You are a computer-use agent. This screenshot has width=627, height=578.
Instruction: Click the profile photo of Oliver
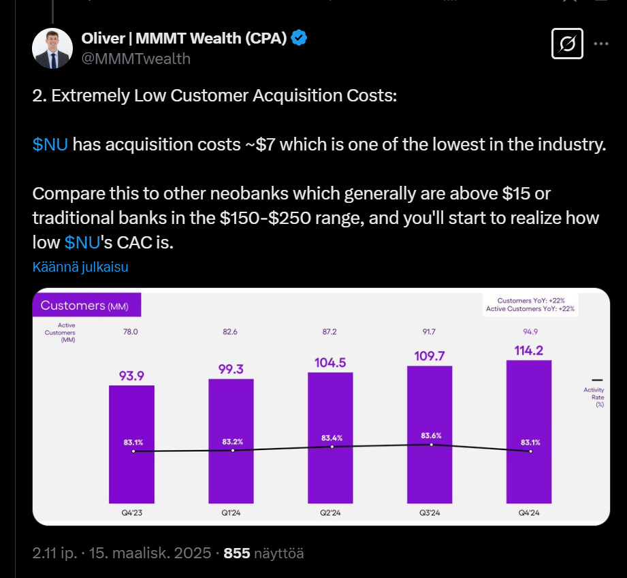point(52,48)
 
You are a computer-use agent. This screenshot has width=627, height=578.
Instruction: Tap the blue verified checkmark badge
point(299,38)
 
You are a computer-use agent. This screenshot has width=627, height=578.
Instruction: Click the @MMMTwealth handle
point(135,59)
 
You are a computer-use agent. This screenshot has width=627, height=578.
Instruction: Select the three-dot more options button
point(601,44)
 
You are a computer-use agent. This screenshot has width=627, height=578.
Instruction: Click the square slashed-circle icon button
point(566,45)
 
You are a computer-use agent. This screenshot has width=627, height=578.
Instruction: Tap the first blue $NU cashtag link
point(50,144)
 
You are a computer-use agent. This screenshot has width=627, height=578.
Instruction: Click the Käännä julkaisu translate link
point(80,267)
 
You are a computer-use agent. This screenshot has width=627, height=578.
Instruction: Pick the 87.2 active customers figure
point(330,331)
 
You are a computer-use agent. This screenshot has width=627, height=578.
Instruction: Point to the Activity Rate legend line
point(598,380)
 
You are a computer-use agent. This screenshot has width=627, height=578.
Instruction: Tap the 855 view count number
point(237,553)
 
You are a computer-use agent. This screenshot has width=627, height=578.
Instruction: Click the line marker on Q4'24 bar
point(530,451)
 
